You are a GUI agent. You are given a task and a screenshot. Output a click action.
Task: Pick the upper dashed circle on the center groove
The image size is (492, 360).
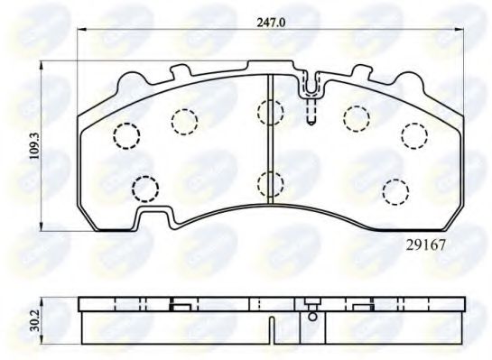click(270, 112)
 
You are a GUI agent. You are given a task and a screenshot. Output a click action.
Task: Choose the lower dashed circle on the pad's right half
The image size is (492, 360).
click(395, 191)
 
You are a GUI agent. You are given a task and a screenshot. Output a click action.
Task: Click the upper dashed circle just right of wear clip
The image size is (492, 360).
click(355, 116)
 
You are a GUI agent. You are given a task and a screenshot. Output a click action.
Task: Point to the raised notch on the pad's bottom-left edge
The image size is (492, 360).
click(155, 217)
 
